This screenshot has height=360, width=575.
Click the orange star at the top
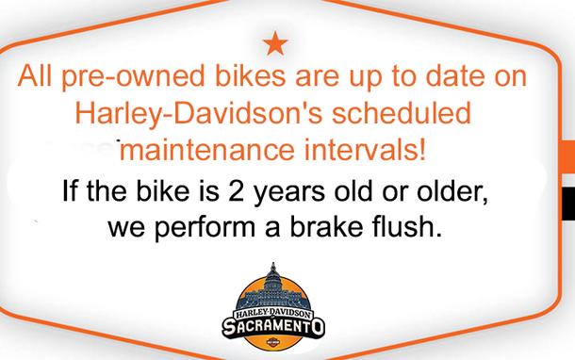(274, 42)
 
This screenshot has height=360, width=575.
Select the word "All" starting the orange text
(41, 79)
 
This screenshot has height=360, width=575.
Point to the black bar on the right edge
(567, 200)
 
